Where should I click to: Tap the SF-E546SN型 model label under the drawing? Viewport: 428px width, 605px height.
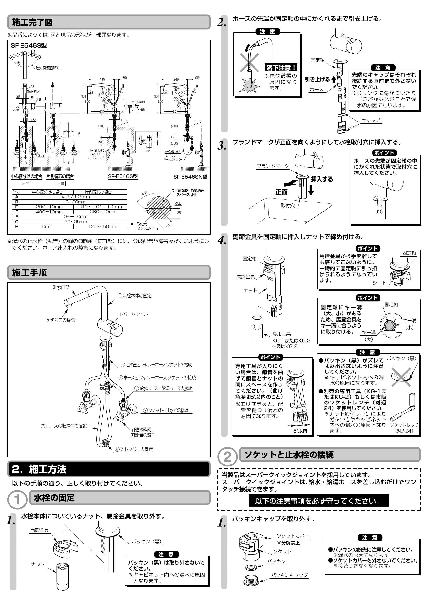pos(190,177)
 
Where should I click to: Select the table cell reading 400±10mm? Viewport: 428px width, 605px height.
pos(49,212)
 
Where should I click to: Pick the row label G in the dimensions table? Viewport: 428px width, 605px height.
pos(16,222)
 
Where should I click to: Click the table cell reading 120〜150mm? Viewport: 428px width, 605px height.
pos(102,227)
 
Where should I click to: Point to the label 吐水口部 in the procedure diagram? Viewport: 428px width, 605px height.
pos(61,287)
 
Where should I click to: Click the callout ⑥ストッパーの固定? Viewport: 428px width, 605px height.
pos(134,449)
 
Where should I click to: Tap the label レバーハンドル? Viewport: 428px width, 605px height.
pos(134,314)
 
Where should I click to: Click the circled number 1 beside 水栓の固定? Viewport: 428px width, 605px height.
pos(17,500)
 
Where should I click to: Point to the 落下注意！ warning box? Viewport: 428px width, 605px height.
pos(281,68)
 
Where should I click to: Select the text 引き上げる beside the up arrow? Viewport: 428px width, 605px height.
pos(317,79)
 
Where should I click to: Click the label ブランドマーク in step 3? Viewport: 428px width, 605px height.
pos(273,166)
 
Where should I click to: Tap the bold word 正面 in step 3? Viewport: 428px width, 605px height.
pos(281,192)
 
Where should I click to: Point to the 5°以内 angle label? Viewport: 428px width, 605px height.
pos(300,431)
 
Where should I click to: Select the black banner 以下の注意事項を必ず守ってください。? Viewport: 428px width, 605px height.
pos(319,501)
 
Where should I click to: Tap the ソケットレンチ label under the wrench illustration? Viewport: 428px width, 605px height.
pos(404,425)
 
